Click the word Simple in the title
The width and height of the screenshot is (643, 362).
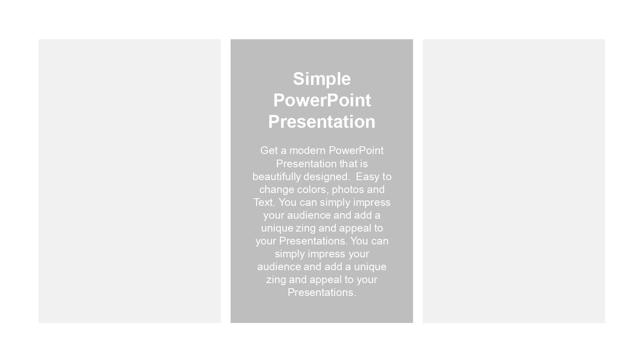(x=322, y=79)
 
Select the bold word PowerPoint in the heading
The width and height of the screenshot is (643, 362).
(x=322, y=100)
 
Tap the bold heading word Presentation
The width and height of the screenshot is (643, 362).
(x=322, y=121)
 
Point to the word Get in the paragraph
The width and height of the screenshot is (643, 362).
(x=269, y=151)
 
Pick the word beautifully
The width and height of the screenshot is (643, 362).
(x=276, y=177)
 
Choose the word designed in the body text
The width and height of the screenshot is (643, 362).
(x=326, y=177)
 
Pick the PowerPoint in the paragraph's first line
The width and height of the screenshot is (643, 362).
(x=356, y=151)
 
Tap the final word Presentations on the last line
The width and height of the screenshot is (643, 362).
(x=322, y=293)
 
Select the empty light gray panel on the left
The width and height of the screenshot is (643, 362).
(x=130, y=181)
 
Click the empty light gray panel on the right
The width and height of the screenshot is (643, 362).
(x=514, y=181)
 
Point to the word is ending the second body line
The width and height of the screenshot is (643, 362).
(x=364, y=164)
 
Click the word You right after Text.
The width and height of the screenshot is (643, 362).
(x=288, y=202)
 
